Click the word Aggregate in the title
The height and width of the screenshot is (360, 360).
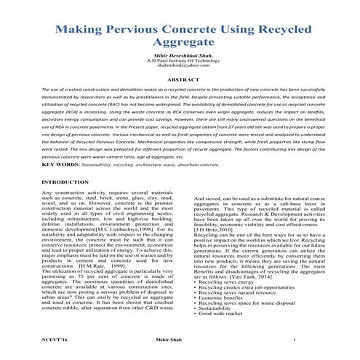pyautogui.click(x=180, y=48)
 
